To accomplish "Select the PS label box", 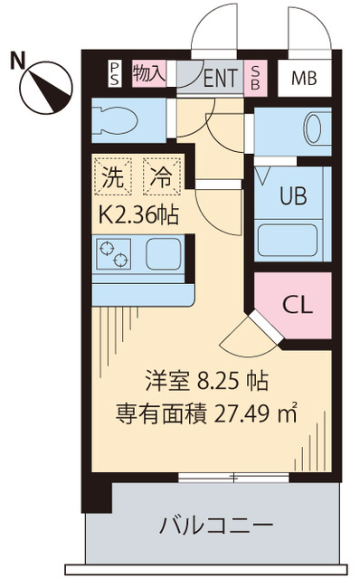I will point(115,74).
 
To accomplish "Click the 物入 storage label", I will point(147,73).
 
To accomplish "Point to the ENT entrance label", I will point(220,79).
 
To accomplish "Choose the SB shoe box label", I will point(256,78).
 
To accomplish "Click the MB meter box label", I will point(305,79).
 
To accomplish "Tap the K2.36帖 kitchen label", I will point(137,214).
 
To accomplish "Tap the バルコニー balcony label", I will point(216,525).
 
